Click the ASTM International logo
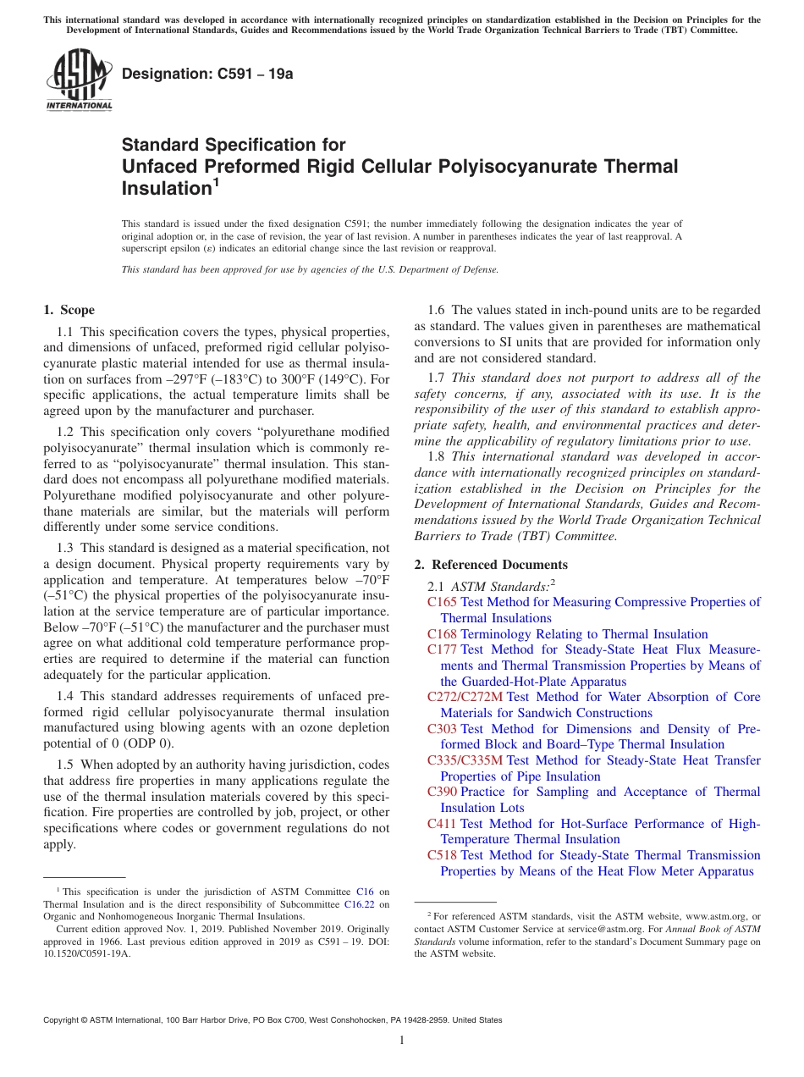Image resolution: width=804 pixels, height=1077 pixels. point(79,80)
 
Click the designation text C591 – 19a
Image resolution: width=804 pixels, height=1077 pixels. point(207,74)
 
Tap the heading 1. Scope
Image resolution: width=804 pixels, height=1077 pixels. point(69,310)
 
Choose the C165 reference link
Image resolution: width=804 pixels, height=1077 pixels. point(442,602)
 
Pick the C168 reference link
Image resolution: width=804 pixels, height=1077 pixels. point(442,634)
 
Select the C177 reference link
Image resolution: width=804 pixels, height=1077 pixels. point(442,649)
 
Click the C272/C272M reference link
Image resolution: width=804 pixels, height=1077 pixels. point(465,697)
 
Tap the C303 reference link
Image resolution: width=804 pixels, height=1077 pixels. point(442,729)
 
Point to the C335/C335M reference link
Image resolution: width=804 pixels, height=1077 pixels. point(465,760)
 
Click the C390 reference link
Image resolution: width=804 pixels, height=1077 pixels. point(442,792)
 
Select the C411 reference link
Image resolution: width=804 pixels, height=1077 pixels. point(442,824)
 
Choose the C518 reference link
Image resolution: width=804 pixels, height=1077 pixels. point(442,855)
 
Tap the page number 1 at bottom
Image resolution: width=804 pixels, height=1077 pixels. point(402,1041)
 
